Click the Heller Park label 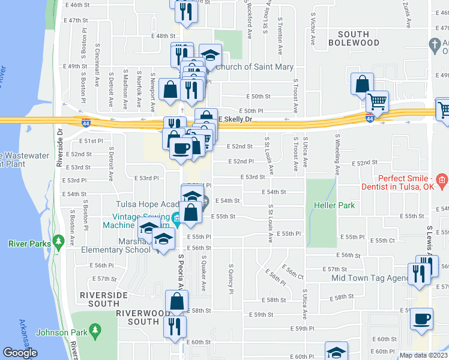click(334, 205)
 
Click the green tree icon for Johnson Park click(94, 331)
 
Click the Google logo click(20, 353)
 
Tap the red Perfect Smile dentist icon click(442, 179)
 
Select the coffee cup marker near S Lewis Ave click(421, 318)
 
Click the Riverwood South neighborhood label click(137, 317)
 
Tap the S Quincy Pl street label click(231, 278)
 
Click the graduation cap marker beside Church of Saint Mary click(210, 55)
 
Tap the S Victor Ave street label click(313, 31)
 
